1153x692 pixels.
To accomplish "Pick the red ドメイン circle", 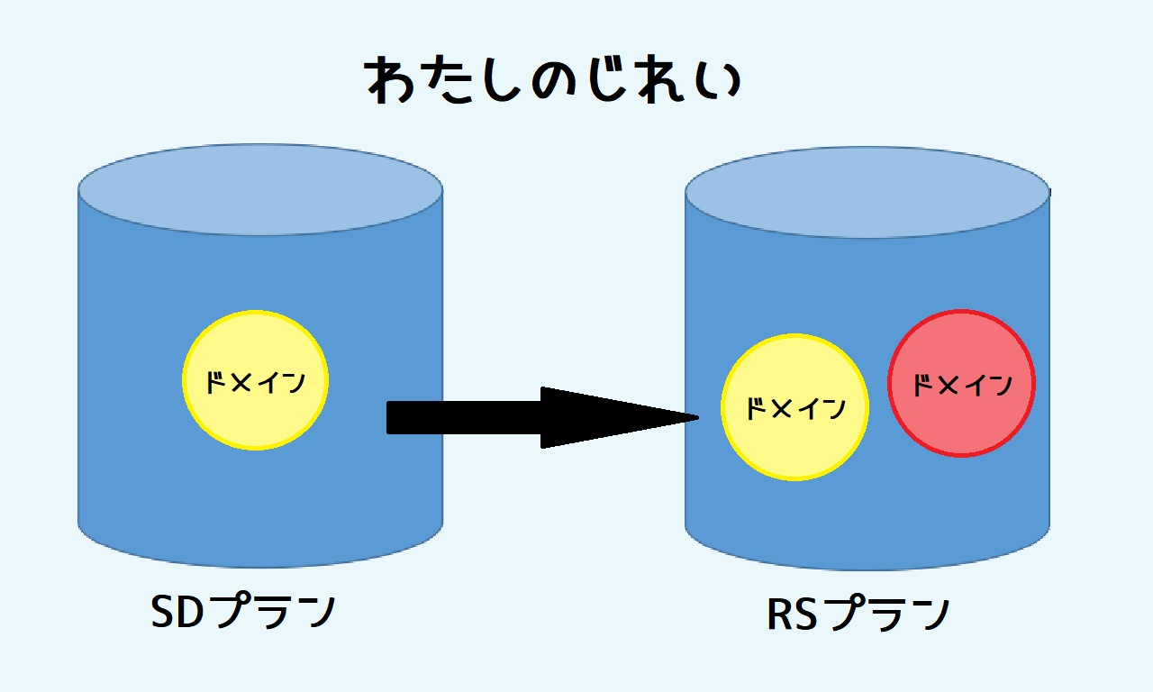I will (x=961, y=384).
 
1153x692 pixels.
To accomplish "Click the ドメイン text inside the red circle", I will (x=961, y=386).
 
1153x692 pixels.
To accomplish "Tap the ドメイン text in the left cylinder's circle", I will (x=255, y=382).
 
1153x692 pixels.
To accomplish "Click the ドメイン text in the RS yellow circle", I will (x=795, y=409).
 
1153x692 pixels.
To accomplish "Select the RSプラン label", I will (x=858, y=615).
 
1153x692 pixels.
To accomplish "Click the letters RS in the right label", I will (x=793, y=615).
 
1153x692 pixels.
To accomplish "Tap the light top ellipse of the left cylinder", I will (x=260, y=190).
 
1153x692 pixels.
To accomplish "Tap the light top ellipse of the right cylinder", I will (x=867, y=193).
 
